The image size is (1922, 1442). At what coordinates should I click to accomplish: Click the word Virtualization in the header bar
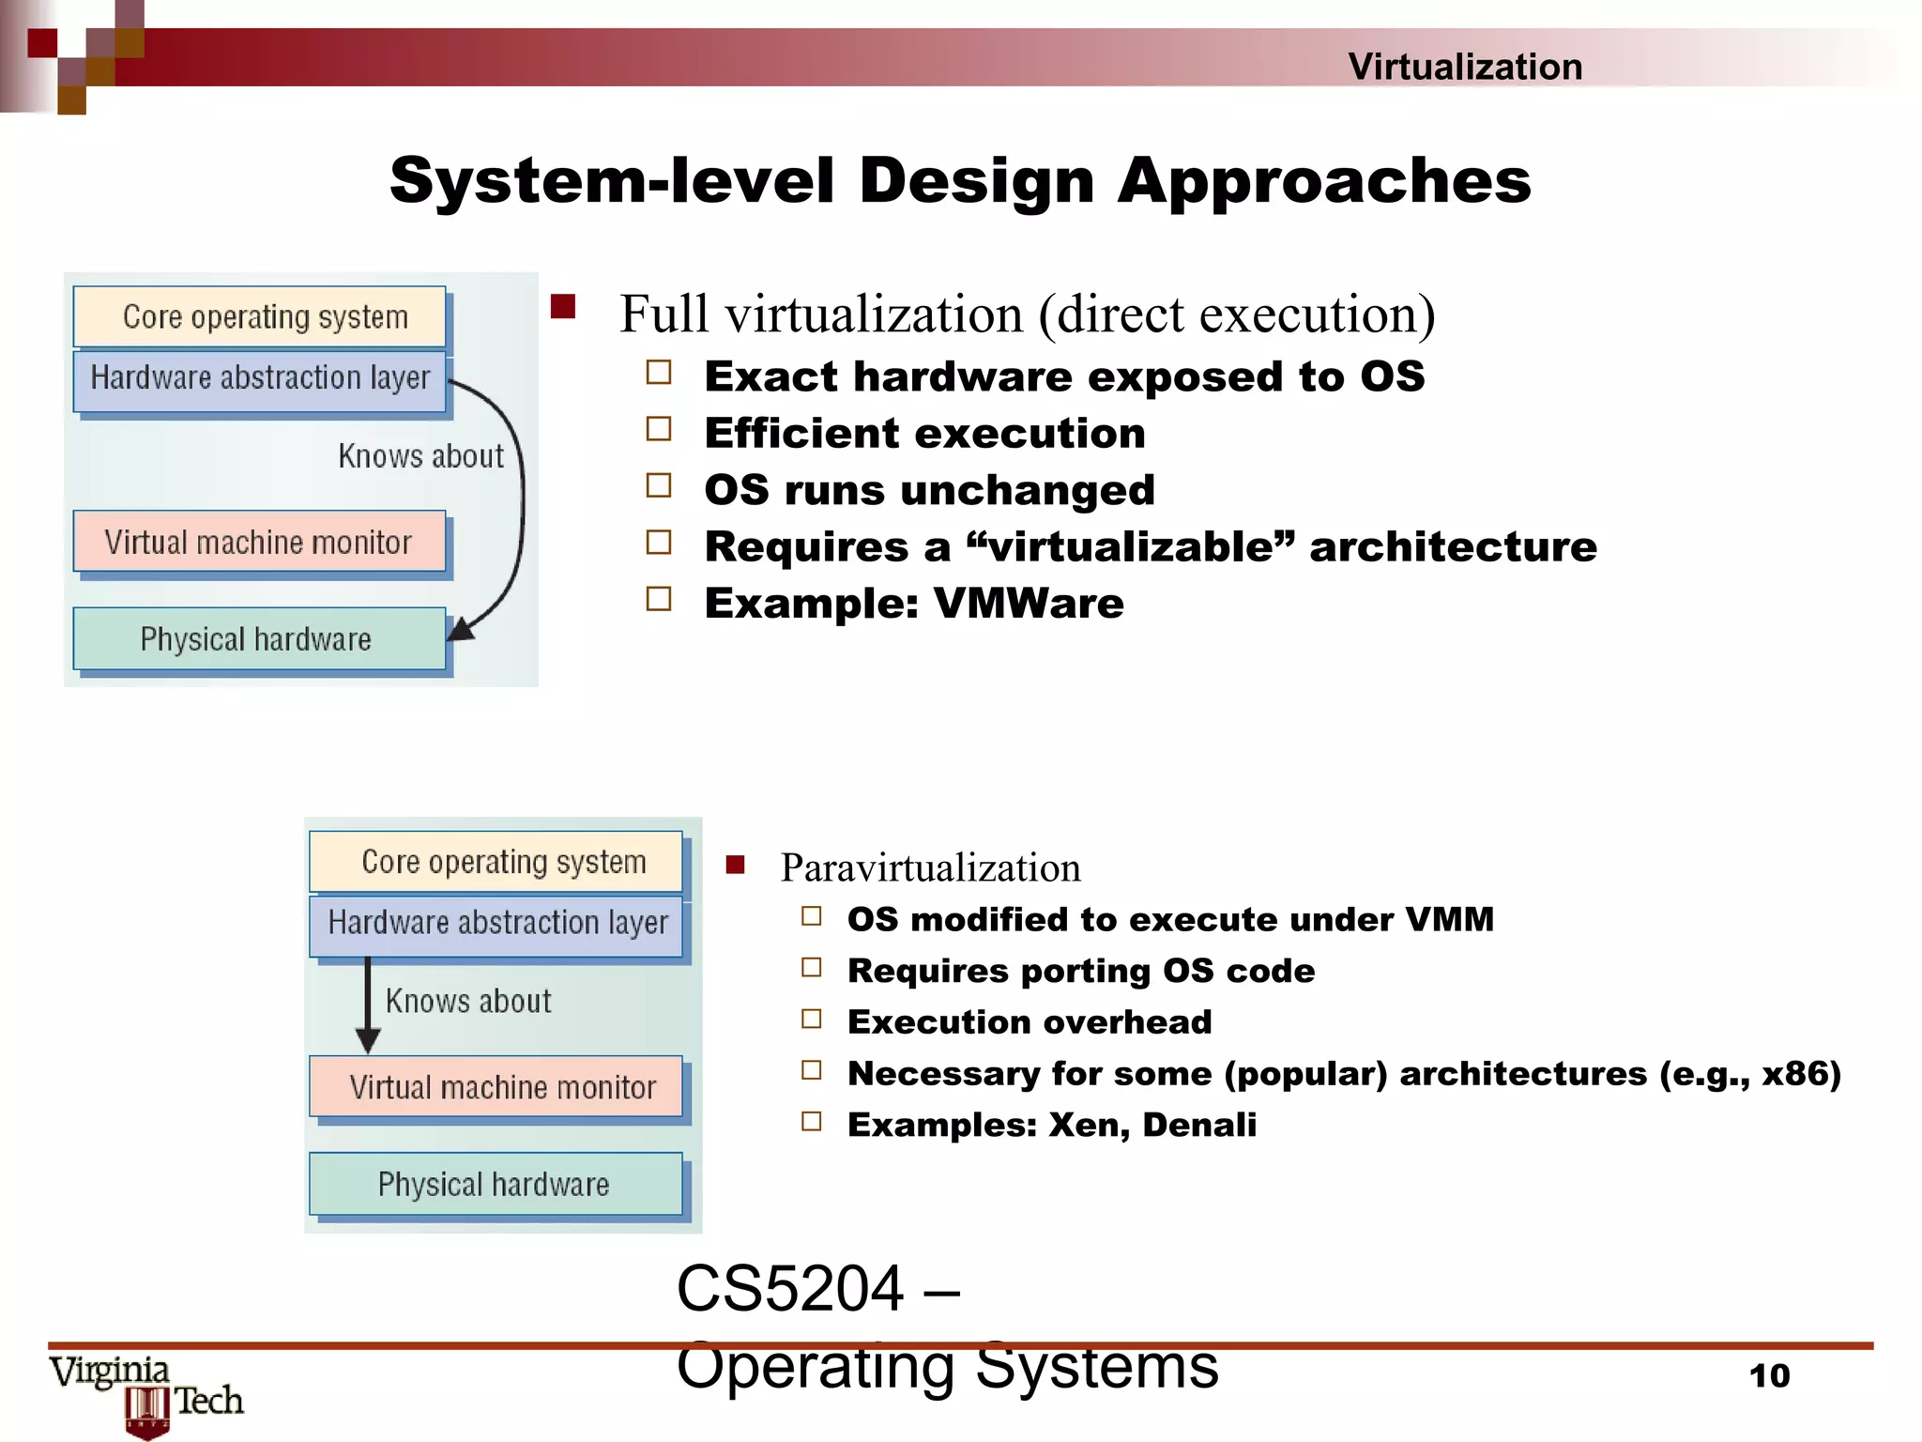click(x=1465, y=67)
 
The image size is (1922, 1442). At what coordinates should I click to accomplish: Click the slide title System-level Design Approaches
click(x=960, y=180)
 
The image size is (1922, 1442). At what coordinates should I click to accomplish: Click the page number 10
click(x=1769, y=1376)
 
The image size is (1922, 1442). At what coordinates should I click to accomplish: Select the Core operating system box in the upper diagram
click(x=260, y=317)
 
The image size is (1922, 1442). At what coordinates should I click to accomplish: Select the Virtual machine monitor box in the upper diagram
click(x=260, y=542)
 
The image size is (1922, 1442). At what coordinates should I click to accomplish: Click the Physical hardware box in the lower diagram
click(x=496, y=1185)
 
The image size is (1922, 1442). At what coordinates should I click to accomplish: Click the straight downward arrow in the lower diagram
click(x=368, y=1005)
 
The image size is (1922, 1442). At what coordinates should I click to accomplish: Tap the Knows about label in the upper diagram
click(x=420, y=456)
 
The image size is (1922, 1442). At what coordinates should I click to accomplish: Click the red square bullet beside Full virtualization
click(x=563, y=307)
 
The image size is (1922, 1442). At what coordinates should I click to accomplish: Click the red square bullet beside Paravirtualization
click(x=735, y=865)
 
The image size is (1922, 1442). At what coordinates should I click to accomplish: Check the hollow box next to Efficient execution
click(x=659, y=430)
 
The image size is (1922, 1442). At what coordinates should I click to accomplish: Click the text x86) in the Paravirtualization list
click(x=1801, y=1073)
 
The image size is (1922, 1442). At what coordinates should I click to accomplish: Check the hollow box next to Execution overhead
click(x=812, y=1019)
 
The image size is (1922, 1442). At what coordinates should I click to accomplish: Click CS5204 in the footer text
click(x=789, y=1289)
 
